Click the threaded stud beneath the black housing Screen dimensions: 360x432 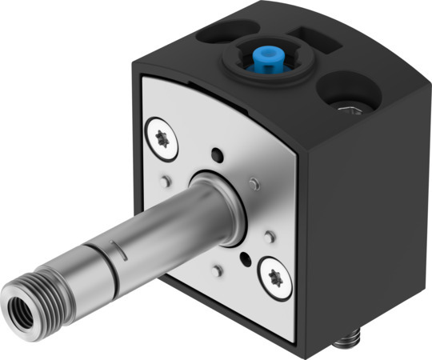click(344, 343)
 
